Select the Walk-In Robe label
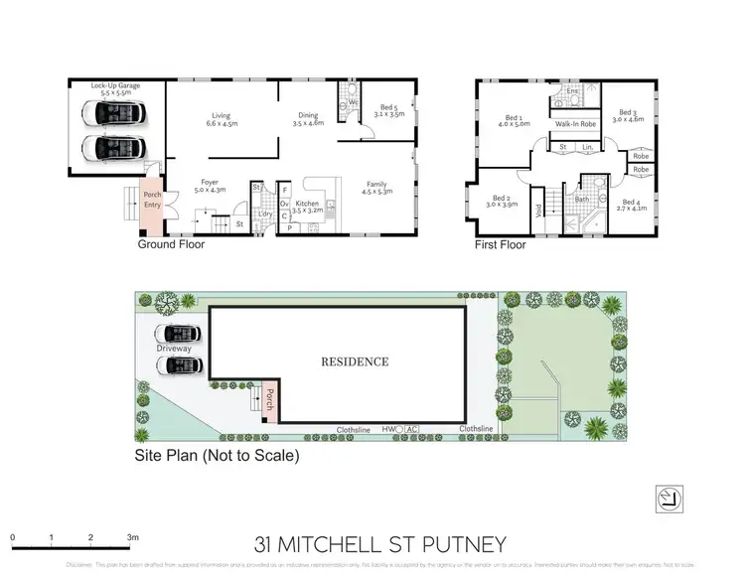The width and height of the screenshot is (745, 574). click(x=575, y=124)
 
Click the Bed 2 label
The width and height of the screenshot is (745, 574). click(x=502, y=201)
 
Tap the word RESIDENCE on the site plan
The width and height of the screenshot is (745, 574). click(x=354, y=361)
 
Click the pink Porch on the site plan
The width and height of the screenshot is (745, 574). click(x=269, y=399)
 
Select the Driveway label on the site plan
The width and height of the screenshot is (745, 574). click(x=173, y=350)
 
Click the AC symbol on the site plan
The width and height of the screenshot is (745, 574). click(x=412, y=429)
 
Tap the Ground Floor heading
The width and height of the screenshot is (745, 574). click(x=171, y=243)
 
